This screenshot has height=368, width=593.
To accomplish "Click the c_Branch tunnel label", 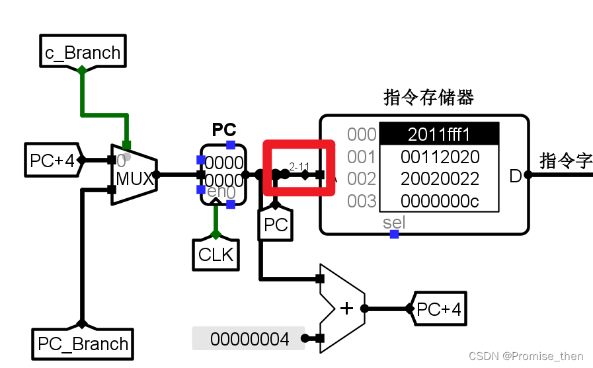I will click(x=83, y=52).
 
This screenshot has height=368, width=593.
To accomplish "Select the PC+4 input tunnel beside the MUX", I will click(x=53, y=160).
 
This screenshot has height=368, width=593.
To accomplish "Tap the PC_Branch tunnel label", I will click(x=83, y=344).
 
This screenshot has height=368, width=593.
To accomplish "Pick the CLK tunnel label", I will click(x=216, y=254).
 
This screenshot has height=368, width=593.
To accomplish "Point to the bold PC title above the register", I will click(x=223, y=129).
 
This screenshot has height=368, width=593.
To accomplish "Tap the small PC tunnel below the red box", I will click(x=276, y=225).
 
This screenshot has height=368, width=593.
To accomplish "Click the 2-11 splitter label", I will click(x=299, y=166).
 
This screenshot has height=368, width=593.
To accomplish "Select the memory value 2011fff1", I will click(x=439, y=135).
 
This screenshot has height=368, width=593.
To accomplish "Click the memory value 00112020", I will click(x=439, y=157).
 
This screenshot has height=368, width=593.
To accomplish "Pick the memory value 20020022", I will click(x=439, y=178).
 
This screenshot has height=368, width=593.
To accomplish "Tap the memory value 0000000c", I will click(x=439, y=201).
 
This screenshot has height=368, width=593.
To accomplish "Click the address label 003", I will click(x=362, y=201).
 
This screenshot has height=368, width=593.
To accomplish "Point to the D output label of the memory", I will click(x=515, y=176).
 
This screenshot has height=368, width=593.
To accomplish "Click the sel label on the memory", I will click(x=393, y=223).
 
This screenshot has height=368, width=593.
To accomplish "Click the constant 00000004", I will click(x=249, y=339).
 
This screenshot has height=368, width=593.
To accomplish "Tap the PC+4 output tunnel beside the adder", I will click(x=438, y=309).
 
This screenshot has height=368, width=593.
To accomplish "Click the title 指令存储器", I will click(x=428, y=98).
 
